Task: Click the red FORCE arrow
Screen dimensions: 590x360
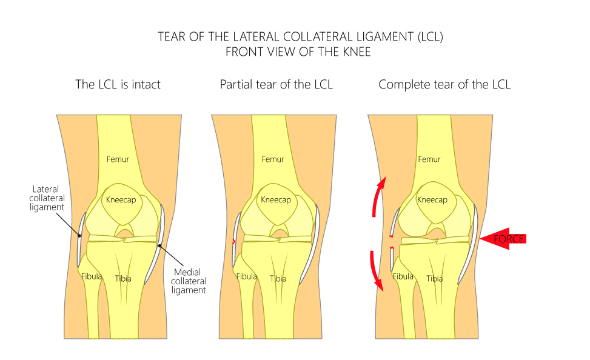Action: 503,239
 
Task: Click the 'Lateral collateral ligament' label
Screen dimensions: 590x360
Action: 47,198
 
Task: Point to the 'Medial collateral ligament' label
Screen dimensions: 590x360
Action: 189,281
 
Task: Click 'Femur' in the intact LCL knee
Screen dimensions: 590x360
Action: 118,159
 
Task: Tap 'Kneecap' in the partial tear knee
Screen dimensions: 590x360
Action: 276,200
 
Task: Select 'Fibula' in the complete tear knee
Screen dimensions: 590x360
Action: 403,276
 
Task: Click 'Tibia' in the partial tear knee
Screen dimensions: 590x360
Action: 278,279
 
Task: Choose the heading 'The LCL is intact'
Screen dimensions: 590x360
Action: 118,84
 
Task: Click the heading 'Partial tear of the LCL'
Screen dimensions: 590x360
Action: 276,84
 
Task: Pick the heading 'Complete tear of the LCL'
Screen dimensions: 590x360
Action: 444,84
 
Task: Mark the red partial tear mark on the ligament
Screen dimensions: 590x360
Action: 233,241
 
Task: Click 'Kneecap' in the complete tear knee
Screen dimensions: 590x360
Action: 432,200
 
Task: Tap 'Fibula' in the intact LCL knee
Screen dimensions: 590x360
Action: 92,276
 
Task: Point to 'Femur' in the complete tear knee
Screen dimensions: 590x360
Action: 429,159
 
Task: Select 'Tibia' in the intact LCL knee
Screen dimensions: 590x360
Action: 123,279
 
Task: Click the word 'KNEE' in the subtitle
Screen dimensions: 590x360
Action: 357,52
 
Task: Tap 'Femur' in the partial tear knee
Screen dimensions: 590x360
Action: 273,159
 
